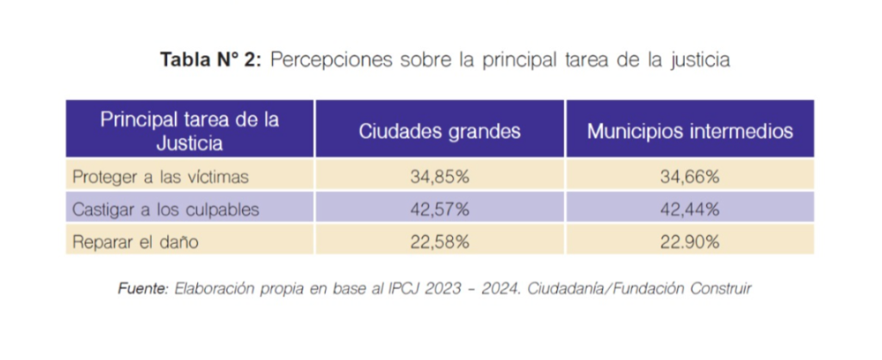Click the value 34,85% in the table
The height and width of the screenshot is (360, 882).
[439, 177]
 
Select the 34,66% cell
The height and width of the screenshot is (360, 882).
[690, 177]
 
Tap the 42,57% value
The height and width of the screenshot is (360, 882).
[439, 209]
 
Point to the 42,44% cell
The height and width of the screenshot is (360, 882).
[690, 209]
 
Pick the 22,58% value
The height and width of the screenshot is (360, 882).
[439, 242]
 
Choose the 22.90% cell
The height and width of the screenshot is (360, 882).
[690, 242]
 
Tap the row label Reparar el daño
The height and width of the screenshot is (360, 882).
[135, 242]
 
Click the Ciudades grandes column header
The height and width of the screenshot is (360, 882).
[439, 132]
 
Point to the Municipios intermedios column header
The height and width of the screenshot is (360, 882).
[690, 132]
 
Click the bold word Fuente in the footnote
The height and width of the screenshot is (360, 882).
[142, 289]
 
